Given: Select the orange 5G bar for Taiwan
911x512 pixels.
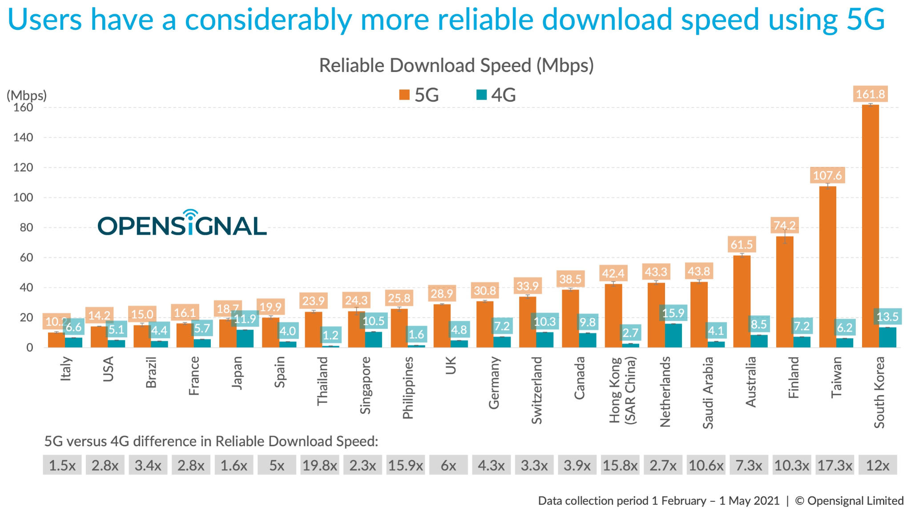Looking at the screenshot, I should click(827, 267).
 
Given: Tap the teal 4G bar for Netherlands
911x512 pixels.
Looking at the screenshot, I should click(673, 336).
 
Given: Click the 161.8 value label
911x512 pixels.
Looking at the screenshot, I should click(870, 94).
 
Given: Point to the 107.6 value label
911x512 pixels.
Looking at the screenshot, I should click(827, 176).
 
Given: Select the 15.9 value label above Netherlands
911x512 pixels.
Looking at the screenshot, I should click(673, 313).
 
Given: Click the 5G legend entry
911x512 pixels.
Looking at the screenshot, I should click(419, 95).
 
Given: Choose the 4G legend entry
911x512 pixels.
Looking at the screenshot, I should click(496, 95).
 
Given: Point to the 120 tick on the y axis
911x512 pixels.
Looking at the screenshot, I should click(23, 168).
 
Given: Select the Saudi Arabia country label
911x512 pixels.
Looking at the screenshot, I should click(708, 392).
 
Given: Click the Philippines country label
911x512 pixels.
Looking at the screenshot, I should click(407, 388).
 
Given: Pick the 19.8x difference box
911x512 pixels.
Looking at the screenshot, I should click(319, 465).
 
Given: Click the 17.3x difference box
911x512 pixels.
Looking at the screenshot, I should click(834, 465).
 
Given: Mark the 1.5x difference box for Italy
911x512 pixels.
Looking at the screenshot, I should click(62, 465).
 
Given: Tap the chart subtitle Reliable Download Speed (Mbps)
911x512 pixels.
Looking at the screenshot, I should click(456, 66).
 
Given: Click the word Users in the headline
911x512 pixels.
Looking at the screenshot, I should click(45, 20).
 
